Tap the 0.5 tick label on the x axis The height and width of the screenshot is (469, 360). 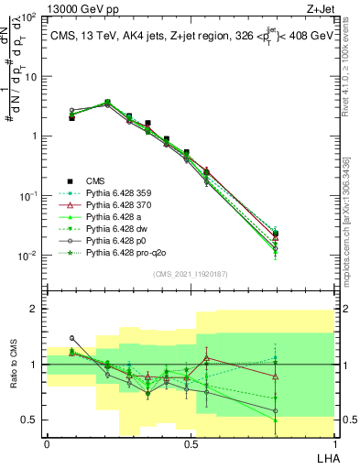[x=191, y=443]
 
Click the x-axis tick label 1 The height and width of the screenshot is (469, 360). [x=333, y=443]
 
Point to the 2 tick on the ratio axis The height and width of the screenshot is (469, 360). [x=36, y=309]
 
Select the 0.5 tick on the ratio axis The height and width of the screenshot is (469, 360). [x=32, y=420]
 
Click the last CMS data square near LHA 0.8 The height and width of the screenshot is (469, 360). [x=276, y=234]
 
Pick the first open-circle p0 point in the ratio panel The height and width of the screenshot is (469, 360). [x=72, y=338]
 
